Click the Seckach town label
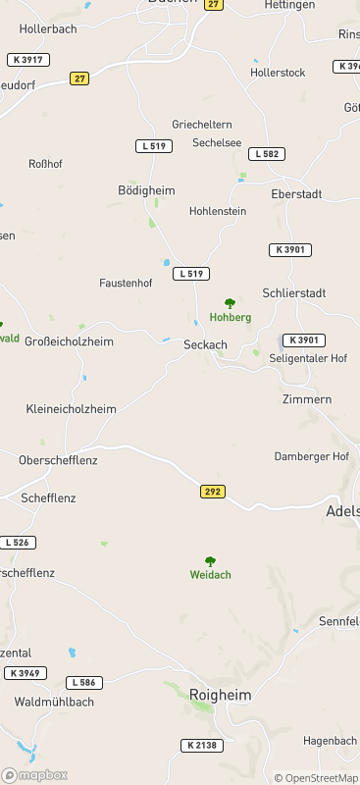point(205,344)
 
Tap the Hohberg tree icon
point(231,303)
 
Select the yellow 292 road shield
point(213,491)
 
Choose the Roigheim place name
point(221,695)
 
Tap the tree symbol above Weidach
point(210,560)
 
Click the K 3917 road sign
point(27,60)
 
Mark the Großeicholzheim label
point(69,341)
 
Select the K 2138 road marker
point(203,746)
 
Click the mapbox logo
point(34,775)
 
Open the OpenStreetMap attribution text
point(316,778)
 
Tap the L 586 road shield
point(84,682)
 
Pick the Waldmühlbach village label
point(54,703)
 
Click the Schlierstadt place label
point(293,293)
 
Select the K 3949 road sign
point(26,673)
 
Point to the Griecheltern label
point(202,125)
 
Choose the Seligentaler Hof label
point(308,359)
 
